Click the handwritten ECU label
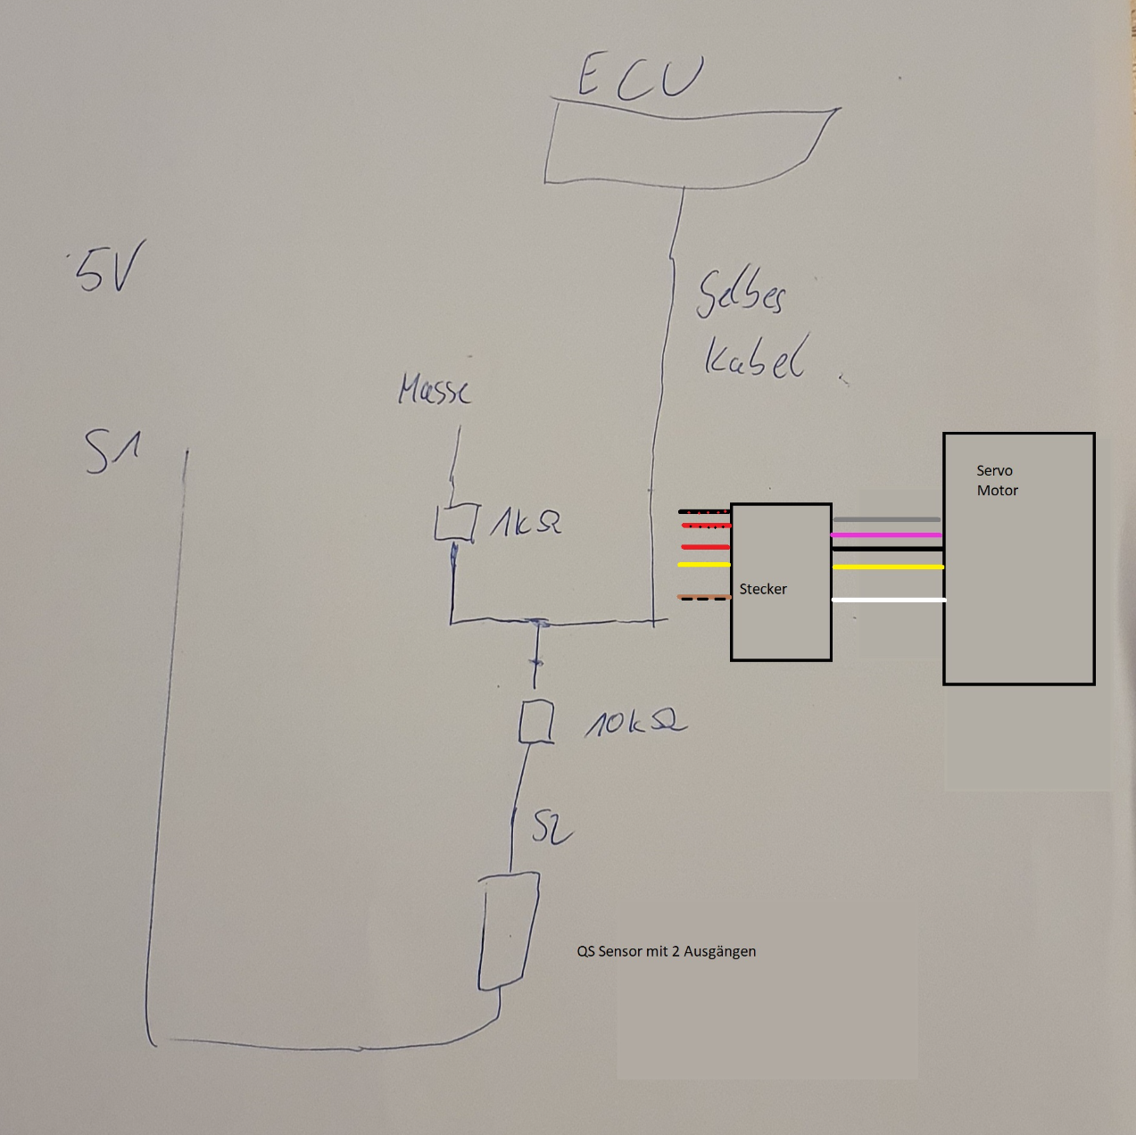(640, 77)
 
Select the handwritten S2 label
(550, 828)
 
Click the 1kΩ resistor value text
(527, 522)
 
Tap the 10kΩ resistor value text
(634, 722)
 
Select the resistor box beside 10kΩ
(536, 722)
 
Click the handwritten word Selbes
(741, 292)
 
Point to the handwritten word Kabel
(754, 357)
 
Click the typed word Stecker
(763, 589)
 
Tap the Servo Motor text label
(997, 480)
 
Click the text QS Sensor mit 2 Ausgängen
(666, 951)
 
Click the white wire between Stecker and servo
(888, 600)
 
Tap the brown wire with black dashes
(704, 597)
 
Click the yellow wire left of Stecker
(704, 565)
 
